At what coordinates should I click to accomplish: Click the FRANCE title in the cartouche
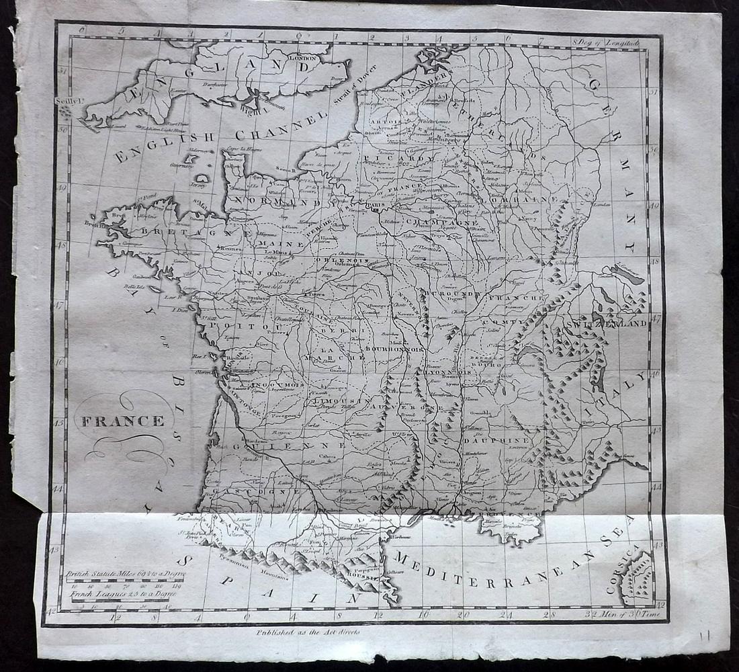[123, 421]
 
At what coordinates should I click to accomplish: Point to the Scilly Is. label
[66, 101]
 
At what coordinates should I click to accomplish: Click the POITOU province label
[234, 325]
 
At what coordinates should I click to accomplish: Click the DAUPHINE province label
[496, 440]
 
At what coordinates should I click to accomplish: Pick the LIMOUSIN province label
[337, 401]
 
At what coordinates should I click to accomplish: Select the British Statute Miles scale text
[125, 574]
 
